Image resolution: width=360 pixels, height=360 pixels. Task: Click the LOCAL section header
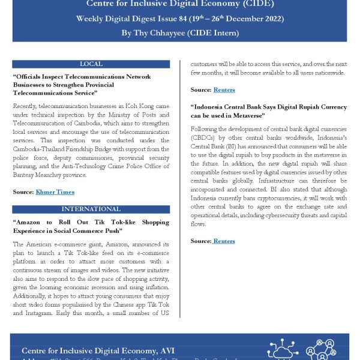[x=91, y=64]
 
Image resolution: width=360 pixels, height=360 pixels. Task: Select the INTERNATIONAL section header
[x=91, y=209]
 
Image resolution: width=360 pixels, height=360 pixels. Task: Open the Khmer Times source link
[x=55, y=192]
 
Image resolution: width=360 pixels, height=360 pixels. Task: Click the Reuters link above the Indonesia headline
[x=224, y=90]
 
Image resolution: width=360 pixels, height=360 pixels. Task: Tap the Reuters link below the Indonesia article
[x=223, y=241]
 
